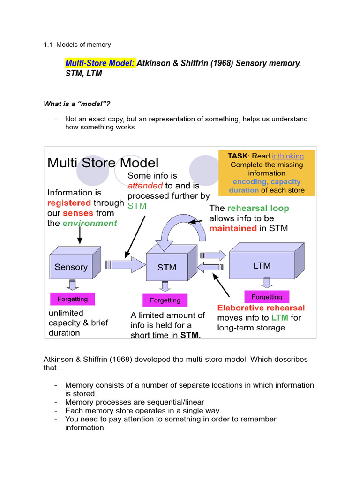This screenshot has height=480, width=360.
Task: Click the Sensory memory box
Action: [72, 267]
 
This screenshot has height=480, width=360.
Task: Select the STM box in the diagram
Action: [167, 267]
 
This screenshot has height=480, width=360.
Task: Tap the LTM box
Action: [262, 265]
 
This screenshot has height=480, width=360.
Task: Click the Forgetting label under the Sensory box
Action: [72, 299]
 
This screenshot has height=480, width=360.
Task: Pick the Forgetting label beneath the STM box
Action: [165, 300]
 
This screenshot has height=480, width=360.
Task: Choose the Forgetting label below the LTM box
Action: [267, 297]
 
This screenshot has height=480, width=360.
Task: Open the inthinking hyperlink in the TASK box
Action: [287, 156]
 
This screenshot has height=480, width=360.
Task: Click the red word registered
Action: [69, 203]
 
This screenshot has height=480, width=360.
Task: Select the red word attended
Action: [145, 186]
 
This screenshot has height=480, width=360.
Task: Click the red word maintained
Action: [233, 228]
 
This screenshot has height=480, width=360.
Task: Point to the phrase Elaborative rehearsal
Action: [261, 308]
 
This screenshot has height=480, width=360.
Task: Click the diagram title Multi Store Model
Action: [103, 163]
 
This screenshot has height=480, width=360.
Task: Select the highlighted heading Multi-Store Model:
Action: [100, 63]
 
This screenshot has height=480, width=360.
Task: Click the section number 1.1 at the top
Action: [48, 45]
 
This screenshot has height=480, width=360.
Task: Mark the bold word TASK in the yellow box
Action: [238, 156]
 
